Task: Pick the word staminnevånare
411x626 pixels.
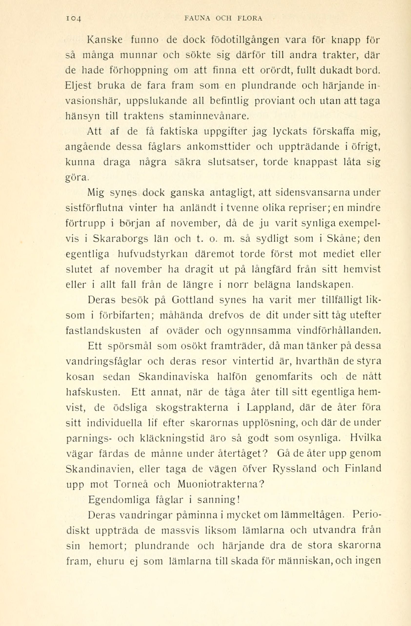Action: point(209,116)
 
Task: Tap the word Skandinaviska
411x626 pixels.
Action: point(174,377)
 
